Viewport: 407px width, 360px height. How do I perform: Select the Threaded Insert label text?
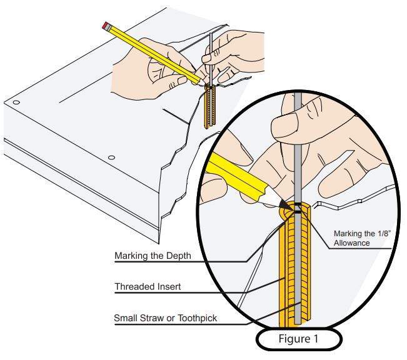tap(148, 287)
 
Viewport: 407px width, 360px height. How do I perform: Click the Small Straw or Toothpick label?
tap(164, 317)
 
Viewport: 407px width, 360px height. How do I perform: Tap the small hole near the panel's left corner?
tap(17, 102)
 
